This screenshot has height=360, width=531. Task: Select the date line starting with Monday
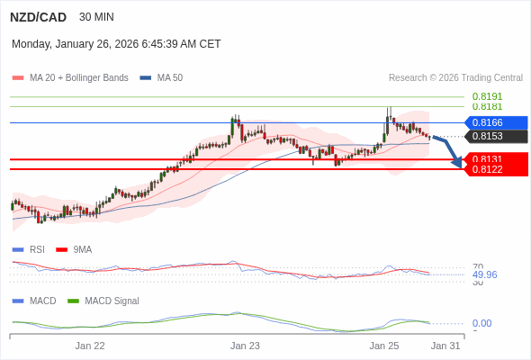[x=116, y=43]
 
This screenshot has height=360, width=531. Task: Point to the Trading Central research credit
[x=455, y=78]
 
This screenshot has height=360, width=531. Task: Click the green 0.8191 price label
[x=487, y=96]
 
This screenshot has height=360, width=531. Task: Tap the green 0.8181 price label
[x=487, y=106]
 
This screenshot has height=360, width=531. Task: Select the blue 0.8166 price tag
[x=494, y=122]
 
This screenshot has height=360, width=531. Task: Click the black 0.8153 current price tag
[x=494, y=137]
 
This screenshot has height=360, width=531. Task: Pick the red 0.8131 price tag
[x=494, y=158]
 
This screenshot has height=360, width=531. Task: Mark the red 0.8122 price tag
[x=494, y=169]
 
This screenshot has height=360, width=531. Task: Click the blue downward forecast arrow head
[x=457, y=162]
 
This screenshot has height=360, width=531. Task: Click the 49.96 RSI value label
[x=484, y=274]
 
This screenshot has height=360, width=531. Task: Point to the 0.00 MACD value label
[x=481, y=323]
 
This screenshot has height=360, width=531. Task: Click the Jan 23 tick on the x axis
[x=245, y=345]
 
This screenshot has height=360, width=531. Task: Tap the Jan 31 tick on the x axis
[x=445, y=345]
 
